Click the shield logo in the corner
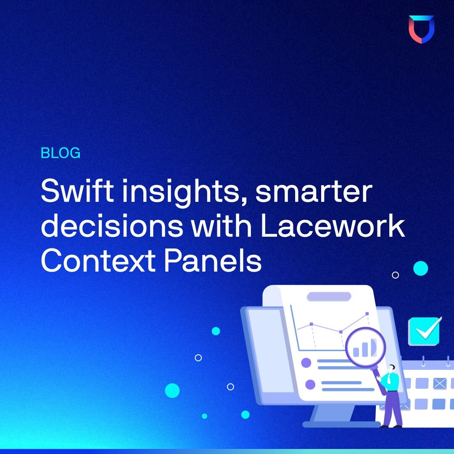[x=421, y=29]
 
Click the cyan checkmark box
[x=424, y=331]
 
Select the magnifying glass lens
[x=365, y=347]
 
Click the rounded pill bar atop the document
[x=329, y=296]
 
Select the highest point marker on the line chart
[x=367, y=314]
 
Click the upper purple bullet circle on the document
[x=306, y=362]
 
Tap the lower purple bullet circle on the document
[x=310, y=384]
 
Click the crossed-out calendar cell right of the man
[x=439, y=383]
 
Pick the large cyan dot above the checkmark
[x=420, y=268]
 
